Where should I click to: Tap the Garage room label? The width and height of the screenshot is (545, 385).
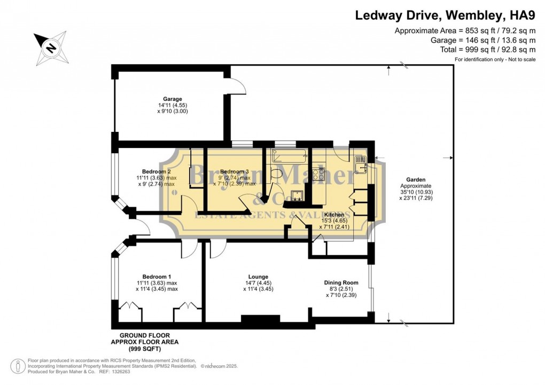click(x=173, y=99)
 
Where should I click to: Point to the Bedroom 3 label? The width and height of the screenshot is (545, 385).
click(x=231, y=171)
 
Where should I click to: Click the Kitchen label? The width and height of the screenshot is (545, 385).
click(x=333, y=214)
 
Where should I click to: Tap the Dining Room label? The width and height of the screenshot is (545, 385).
click(x=341, y=282)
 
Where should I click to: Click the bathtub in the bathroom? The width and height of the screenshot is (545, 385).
click(x=289, y=155)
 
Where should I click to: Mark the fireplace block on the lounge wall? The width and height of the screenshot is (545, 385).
click(x=260, y=319)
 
